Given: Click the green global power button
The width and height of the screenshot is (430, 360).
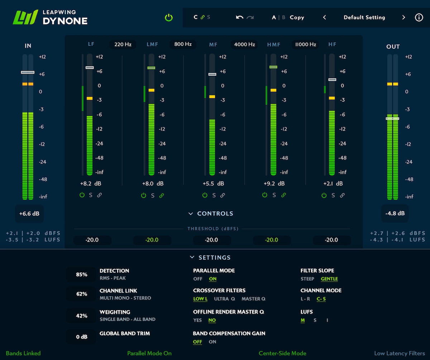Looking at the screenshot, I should coord(169,18).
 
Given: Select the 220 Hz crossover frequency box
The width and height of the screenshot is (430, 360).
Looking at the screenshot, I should coord(123,44).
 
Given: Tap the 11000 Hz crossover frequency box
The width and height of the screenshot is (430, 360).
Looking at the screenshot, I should coord(305,44).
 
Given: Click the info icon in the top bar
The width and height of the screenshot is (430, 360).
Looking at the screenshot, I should coord(419,17).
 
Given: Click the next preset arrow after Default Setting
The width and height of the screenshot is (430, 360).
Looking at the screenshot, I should coord(403,17).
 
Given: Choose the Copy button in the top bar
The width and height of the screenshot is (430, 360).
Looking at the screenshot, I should coord(297,17).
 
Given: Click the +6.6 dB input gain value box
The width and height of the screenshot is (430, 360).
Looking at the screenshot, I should coord(29,214).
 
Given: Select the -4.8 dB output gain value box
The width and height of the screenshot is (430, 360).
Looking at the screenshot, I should coord(395,213).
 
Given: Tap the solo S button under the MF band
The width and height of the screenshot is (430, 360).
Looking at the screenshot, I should coord(214,195).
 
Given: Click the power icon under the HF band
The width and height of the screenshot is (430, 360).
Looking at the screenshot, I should coord(324,195).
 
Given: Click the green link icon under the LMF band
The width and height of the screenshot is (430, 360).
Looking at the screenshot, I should coord(162,195).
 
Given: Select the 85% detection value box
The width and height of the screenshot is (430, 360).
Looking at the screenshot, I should coord(81,274).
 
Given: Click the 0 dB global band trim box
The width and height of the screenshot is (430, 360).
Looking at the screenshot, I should coord(81,337).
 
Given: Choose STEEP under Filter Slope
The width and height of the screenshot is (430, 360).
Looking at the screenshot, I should coord(307,279).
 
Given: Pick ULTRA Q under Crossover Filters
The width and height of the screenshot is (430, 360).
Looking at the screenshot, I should coord(224,299).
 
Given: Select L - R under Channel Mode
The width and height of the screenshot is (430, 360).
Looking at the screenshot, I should coord(306,299).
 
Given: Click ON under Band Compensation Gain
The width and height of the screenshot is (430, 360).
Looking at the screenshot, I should coord(212,342).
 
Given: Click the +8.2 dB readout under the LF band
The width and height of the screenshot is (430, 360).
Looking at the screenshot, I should coord(91,183).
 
